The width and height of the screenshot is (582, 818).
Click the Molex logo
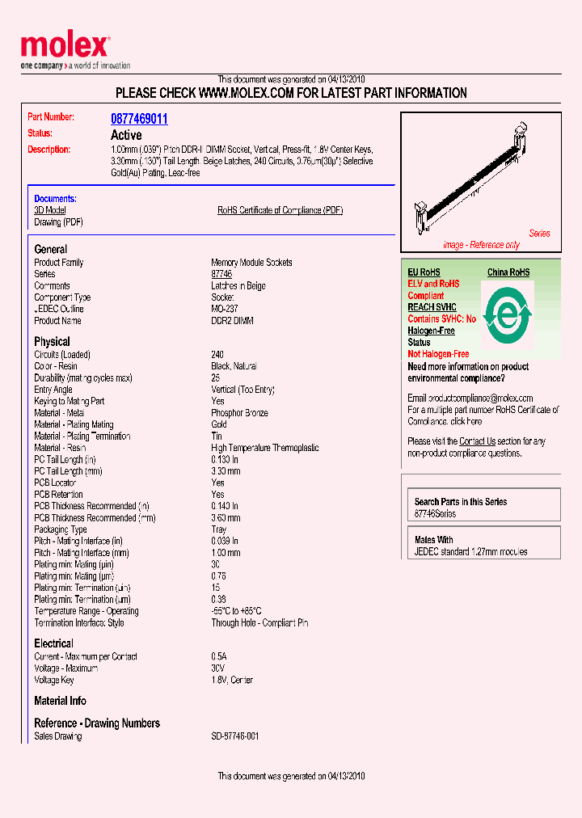coord(65,47)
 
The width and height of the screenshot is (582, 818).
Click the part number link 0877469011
coord(139,119)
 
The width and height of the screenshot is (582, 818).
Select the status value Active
coord(126,135)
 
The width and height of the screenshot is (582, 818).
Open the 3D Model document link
coord(50,210)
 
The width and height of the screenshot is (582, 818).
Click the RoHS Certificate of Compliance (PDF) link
coord(280,210)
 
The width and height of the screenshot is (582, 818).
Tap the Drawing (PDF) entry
coord(58,222)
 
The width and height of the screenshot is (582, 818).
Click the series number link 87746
coord(221,274)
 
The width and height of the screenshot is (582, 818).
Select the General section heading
coord(51,249)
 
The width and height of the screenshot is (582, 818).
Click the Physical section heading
coord(52,341)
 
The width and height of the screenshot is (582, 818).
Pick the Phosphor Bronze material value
coord(239,413)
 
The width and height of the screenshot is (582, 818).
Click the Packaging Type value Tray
coord(219,529)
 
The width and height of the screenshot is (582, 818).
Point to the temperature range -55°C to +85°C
coord(236,611)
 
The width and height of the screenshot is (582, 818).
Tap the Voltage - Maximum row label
coord(66,668)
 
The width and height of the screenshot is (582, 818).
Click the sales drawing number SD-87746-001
coord(235,736)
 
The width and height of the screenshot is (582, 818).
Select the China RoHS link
coord(508,272)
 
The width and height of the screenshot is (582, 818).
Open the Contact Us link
coord(477,441)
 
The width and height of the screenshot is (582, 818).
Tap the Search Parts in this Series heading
coord(461,502)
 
